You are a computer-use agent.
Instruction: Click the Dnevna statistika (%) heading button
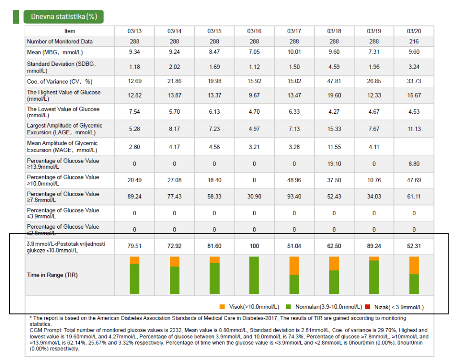point(64,17)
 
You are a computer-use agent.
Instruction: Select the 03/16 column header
point(254,31)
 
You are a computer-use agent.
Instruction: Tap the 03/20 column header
point(414,31)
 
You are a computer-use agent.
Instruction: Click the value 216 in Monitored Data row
point(414,42)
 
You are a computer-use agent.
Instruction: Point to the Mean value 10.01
point(294,52)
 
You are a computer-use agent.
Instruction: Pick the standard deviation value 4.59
point(334,67)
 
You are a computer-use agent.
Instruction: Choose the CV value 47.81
point(334,81)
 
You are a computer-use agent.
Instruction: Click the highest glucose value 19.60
point(334,95)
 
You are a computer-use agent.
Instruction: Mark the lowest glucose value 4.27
point(334,112)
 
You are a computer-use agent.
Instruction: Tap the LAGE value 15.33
point(334,129)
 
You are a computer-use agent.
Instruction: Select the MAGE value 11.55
point(334,146)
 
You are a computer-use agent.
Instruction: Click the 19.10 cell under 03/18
point(334,164)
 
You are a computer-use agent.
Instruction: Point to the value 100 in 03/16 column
point(254,246)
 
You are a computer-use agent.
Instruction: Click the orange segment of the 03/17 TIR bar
point(294,265)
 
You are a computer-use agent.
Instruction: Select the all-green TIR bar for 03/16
point(254,275)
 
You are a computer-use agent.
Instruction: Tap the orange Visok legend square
point(222,307)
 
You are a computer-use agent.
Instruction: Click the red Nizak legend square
point(368,307)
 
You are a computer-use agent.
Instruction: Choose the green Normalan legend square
point(289,307)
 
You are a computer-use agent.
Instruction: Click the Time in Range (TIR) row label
point(52,275)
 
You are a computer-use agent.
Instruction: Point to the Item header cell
point(70,31)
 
